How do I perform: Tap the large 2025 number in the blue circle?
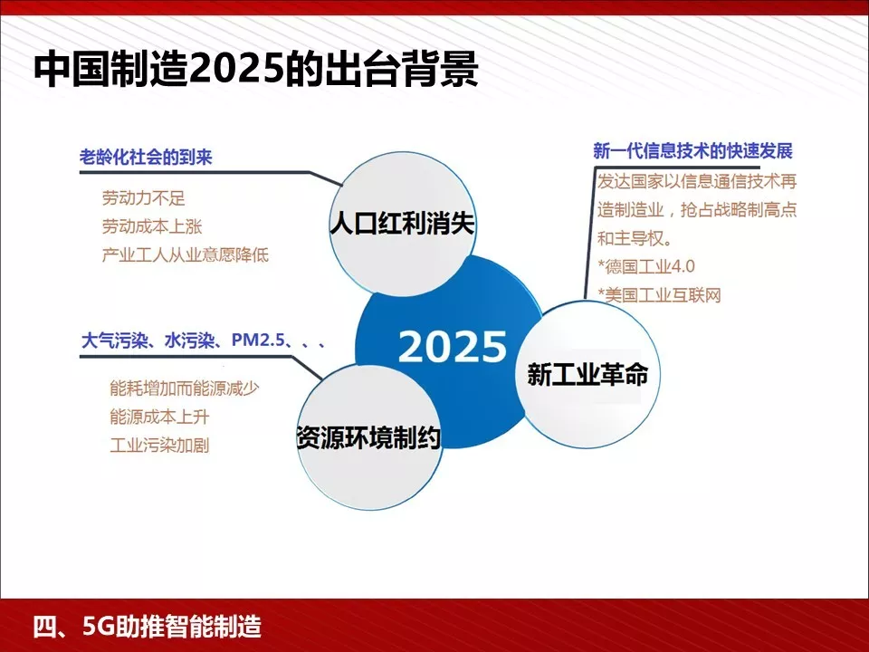(x=453, y=347)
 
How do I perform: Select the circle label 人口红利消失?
(x=401, y=224)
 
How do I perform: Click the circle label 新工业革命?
(x=587, y=374)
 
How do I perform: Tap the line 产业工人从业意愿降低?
(x=186, y=255)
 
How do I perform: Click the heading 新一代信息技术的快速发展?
(x=692, y=150)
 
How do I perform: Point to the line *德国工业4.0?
(x=645, y=267)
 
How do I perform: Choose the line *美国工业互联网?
(x=659, y=295)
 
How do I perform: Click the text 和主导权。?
(x=635, y=239)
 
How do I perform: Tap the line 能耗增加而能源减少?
(x=185, y=388)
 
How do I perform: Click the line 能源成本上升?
(x=158, y=417)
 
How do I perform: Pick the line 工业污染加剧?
(x=158, y=446)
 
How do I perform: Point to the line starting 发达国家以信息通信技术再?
(x=697, y=180)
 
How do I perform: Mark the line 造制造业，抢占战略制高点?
(x=697, y=210)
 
